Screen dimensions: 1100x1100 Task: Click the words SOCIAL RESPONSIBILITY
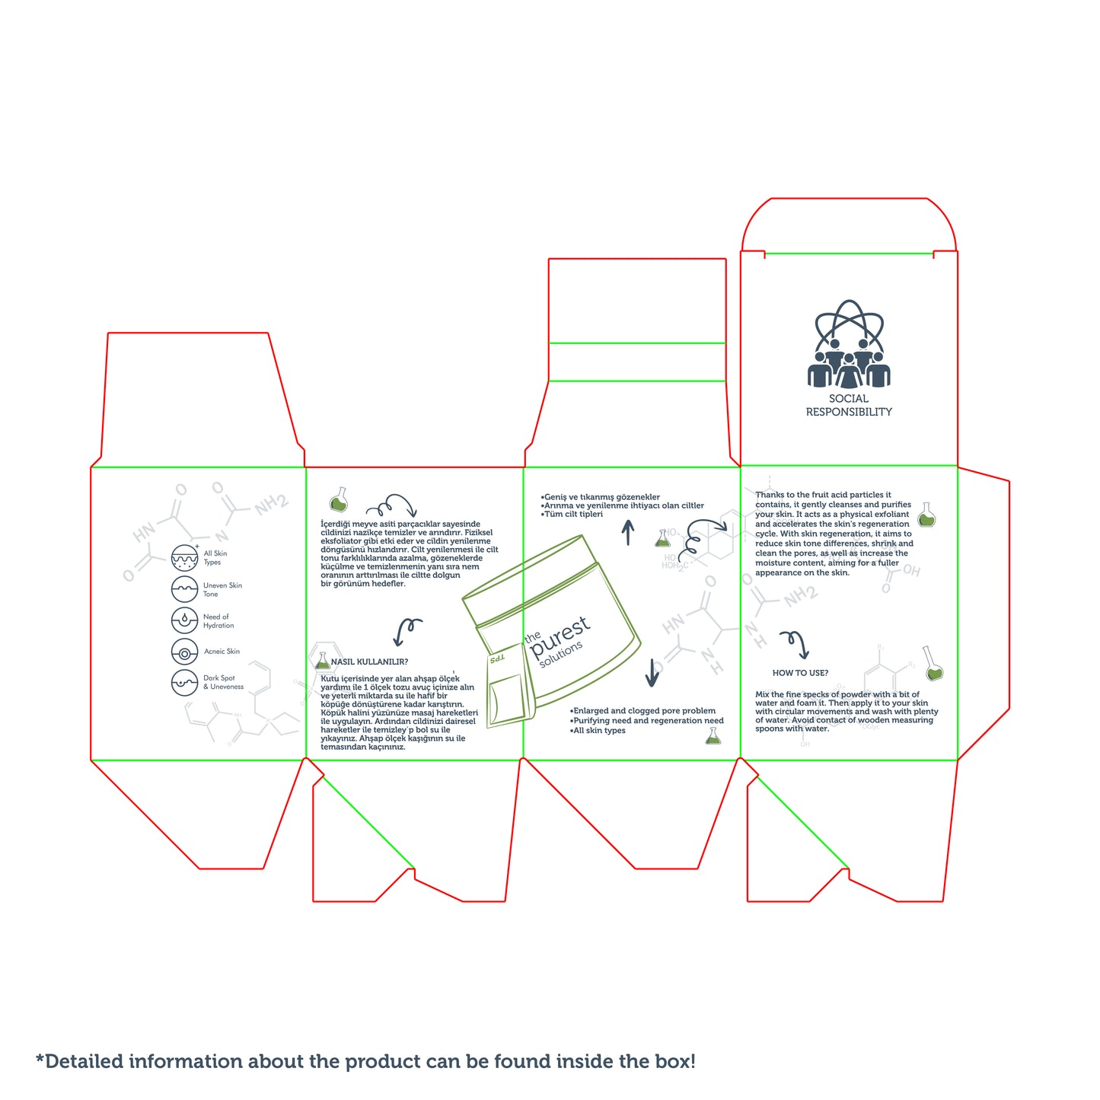[x=848, y=405]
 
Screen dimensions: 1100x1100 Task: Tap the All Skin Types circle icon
[x=185, y=558]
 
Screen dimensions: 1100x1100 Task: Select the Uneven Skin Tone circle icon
[x=185, y=588]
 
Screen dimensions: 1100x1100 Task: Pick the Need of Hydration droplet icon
[x=185, y=620]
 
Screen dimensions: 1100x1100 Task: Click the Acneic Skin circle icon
[x=185, y=652]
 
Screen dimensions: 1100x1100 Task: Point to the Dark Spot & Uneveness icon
[x=185, y=682]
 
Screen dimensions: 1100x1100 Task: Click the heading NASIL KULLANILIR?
[x=369, y=662]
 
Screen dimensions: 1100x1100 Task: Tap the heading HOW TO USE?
[x=800, y=673]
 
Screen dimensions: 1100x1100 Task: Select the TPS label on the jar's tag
[x=497, y=658]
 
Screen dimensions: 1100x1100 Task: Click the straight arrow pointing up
[x=628, y=532]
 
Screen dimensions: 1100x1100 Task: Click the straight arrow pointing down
[x=652, y=672]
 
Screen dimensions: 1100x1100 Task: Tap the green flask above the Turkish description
[x=339, y=499]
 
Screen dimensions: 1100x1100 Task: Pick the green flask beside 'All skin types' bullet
[x=713, y=736]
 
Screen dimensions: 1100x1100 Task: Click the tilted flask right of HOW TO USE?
[x=933, y=663]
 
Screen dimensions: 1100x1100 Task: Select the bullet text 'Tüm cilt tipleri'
[x=572, y=514]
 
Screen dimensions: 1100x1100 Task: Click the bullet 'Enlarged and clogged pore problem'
[x=642, y=711]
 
